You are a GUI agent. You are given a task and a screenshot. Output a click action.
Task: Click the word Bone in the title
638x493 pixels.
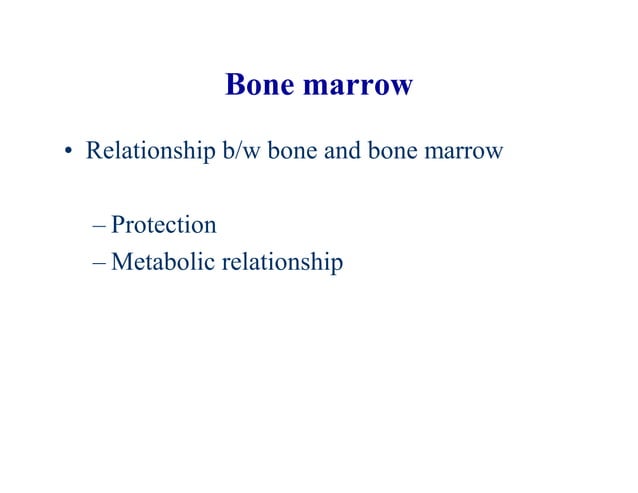pos(259,85)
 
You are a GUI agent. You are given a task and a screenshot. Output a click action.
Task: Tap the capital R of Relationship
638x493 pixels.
pos(93,153)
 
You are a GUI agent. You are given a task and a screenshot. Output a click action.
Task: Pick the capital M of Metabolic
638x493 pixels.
pos(121,262)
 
